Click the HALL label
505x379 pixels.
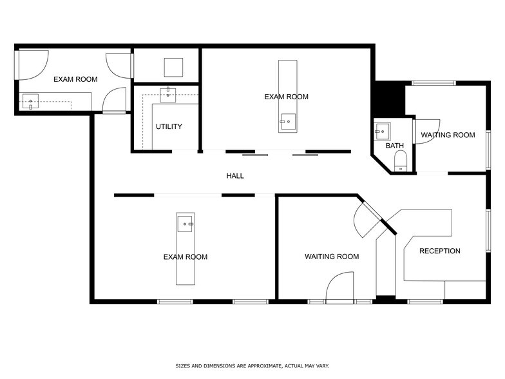[x=234, y=176]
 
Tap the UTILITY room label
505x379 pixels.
[x=169, y=126]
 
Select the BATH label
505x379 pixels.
[x=394, y=146]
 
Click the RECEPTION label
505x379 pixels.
[x=440, y=251]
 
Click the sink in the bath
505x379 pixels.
[x=382, y=131]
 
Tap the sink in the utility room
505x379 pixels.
[x=169, y=93]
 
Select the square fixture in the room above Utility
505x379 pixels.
[x=173, y=67]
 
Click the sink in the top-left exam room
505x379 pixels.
[x=30, y=101]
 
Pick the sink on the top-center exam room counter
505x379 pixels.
[x=287, y=120]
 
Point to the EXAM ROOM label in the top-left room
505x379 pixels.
[x=75, y=79]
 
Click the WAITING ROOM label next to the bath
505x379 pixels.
[x=448, y=135]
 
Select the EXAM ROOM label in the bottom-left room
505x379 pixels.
[x=186, y=257]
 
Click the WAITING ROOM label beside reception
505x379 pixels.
[x=332, y=257]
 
